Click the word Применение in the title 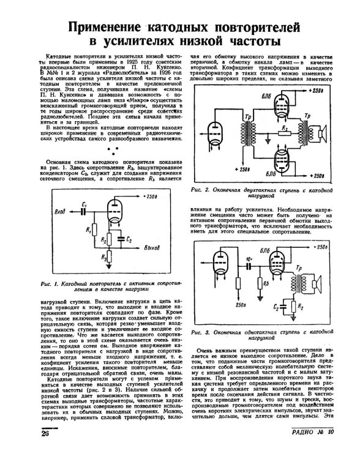pos(105,27)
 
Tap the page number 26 pos(45,433)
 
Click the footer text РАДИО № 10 pos(312,432)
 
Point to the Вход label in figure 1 pos(60,211)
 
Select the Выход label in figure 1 pos(152,248)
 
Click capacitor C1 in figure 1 pos(84,211)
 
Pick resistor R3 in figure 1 pos(109,256)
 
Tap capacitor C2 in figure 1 pos(121,238)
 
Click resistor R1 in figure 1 pos(94,229)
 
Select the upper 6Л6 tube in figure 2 pos(281,105)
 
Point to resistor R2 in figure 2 pos(285,134)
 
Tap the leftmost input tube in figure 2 pos(216,133)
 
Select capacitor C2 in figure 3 pos(283,307)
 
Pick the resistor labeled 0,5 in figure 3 pos(260,283)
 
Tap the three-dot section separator pos(113,151)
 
